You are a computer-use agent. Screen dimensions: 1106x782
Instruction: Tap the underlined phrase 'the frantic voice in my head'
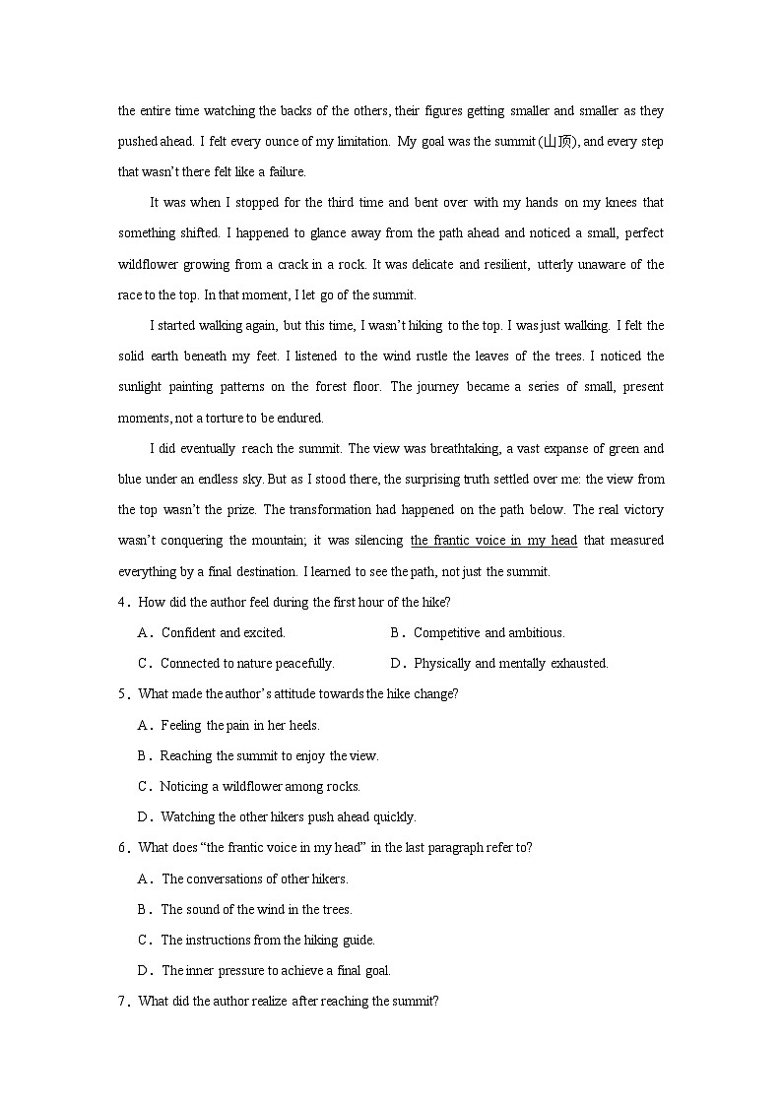click(493, 541)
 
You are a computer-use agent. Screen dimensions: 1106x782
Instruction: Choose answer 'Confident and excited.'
click(223, 633)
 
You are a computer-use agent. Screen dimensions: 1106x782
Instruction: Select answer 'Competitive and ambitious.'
click(489, 633)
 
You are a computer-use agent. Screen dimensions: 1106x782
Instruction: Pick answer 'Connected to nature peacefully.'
click(247, 664)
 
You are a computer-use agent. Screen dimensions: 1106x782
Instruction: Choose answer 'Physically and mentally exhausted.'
click(510, 664)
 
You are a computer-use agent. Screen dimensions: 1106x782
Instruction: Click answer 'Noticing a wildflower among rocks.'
click(260, 787)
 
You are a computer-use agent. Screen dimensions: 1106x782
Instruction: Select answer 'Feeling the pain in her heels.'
click(240, 726)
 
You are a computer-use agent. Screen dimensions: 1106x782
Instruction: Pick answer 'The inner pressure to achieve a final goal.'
click(276, 971)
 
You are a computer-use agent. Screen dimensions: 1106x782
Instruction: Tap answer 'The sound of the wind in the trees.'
click(256, 910)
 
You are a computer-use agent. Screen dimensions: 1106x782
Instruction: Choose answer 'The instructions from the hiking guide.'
click(268, 941)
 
